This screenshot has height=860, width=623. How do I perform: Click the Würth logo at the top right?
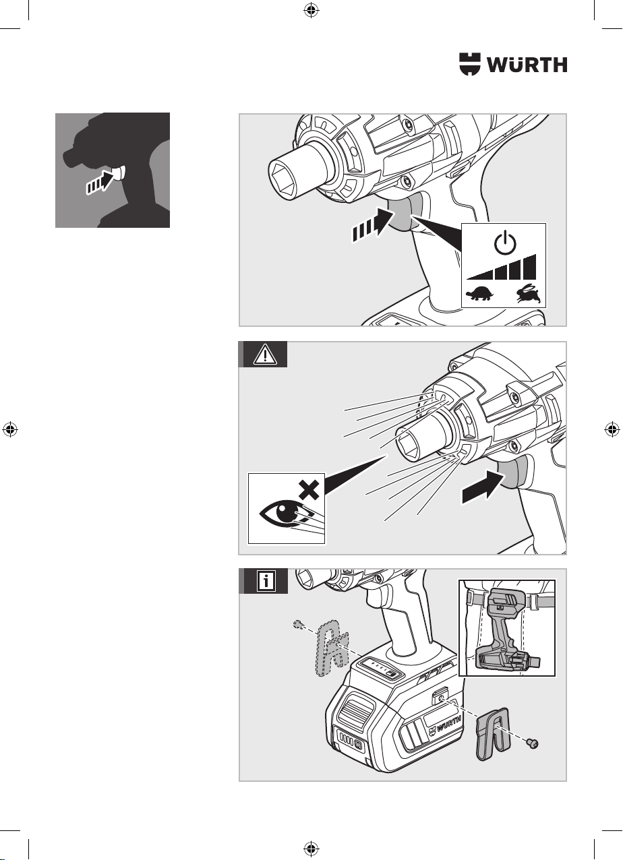click(513, 64)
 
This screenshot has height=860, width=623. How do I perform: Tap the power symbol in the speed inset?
click(505, 243)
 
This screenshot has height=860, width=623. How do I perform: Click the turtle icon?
click(480, 294)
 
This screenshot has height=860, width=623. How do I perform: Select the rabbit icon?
click(529, 294)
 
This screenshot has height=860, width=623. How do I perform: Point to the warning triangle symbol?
click(265, 354)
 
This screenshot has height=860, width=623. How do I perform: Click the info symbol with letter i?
click(266, 581)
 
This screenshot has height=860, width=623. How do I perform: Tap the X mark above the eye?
click(309, 491)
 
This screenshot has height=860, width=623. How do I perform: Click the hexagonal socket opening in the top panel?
click(285, 180)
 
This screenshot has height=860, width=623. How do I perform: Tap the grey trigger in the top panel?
click(400, 214)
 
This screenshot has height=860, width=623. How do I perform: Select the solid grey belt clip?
click(492, 734)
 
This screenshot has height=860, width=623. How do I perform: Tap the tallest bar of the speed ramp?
click(530, 266)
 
